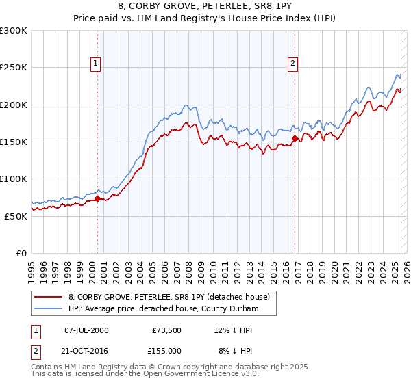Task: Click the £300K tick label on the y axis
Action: (x=14, y=31)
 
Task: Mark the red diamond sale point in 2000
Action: (x=97, y=199)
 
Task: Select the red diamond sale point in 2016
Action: (x=295, y=139)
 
